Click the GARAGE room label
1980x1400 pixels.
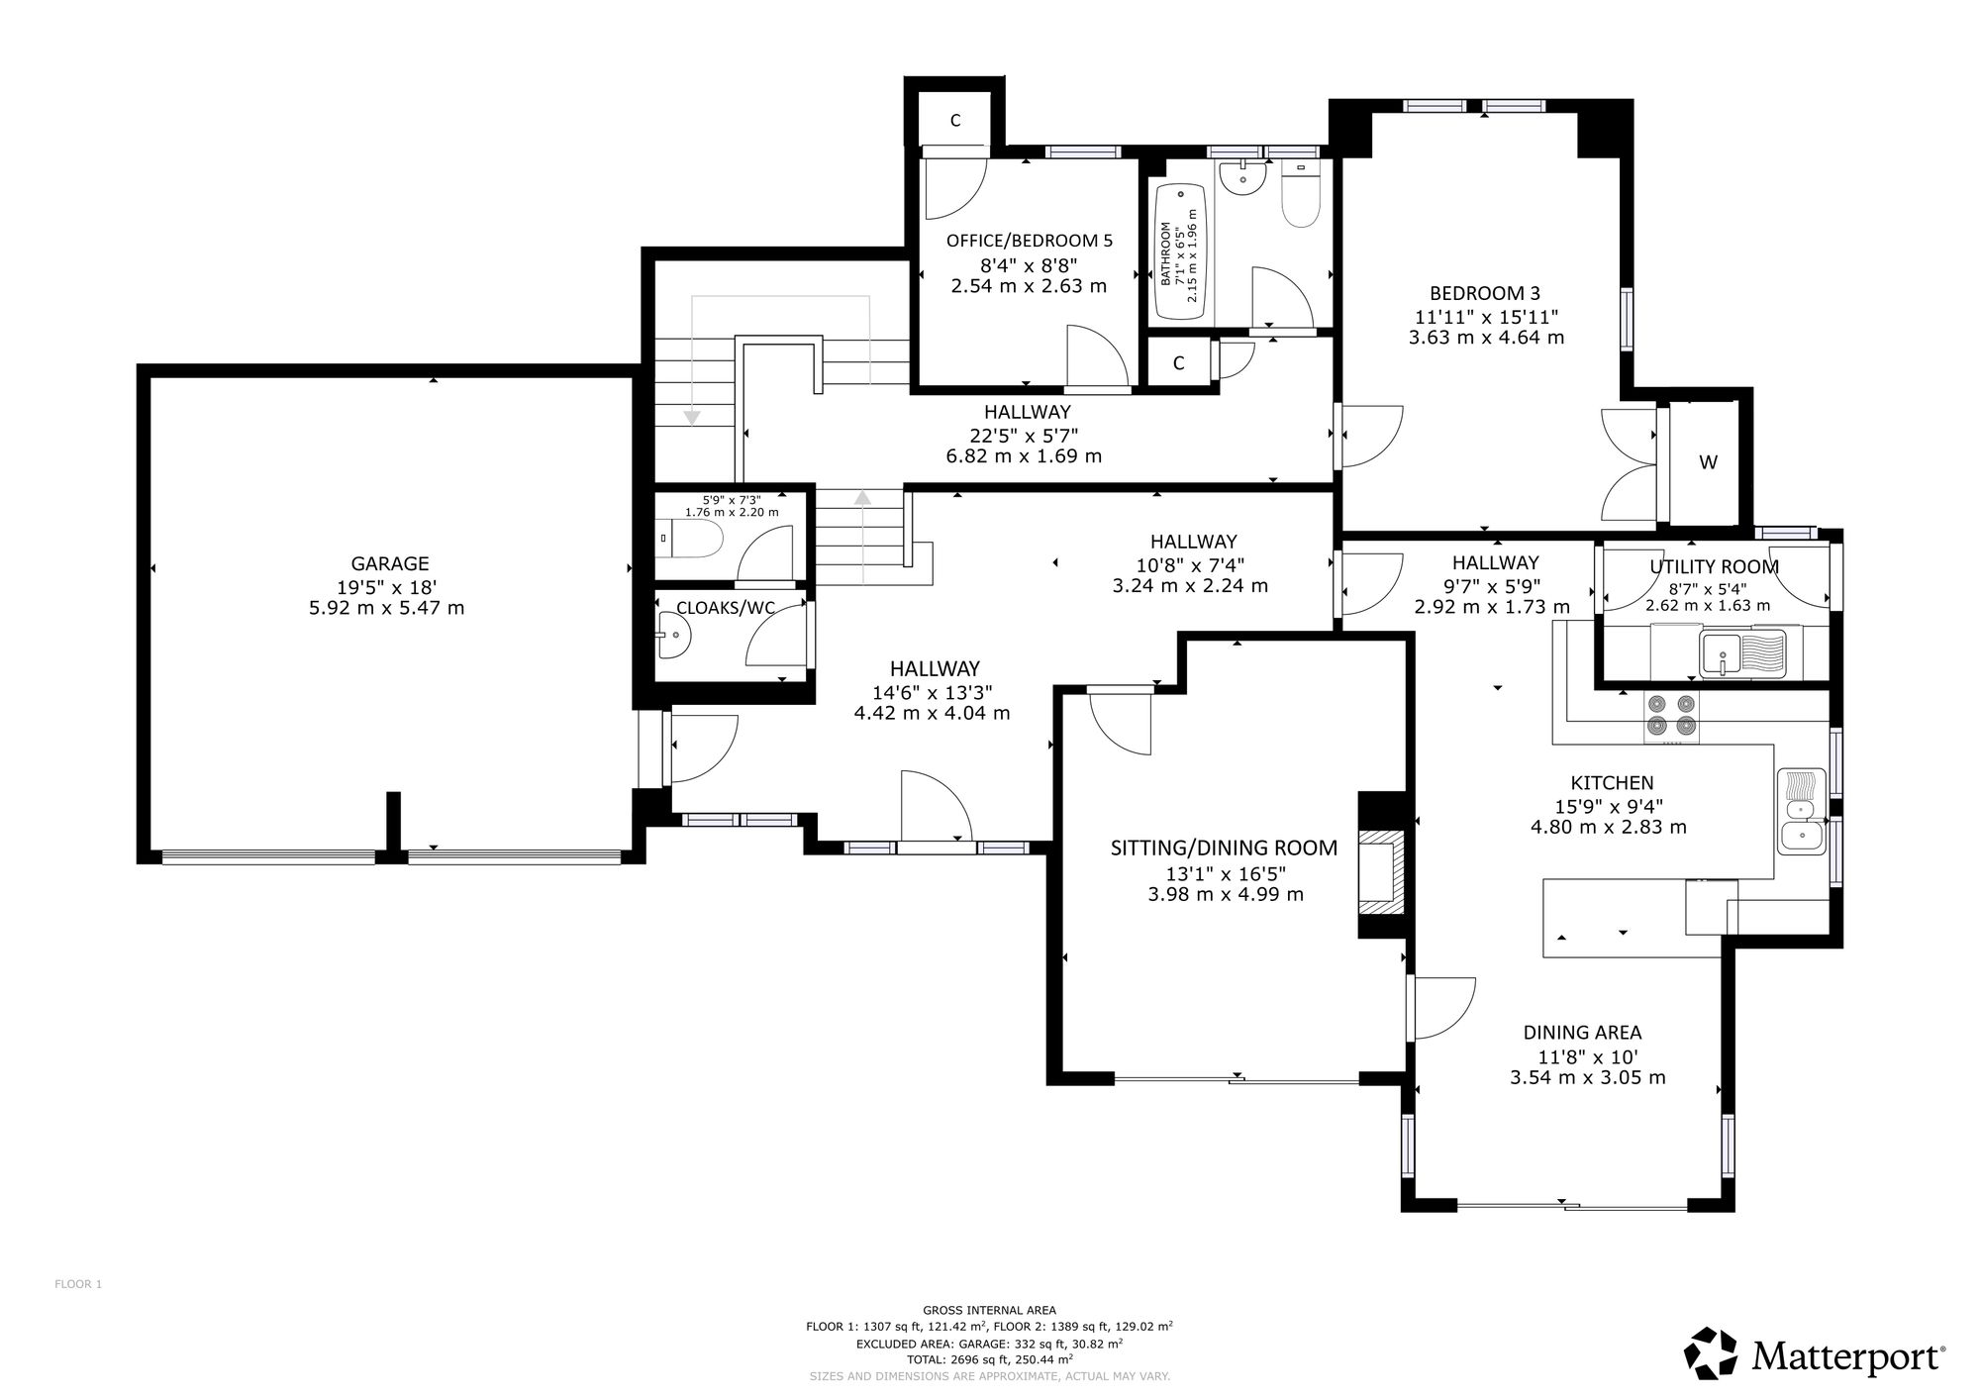pos(390,563)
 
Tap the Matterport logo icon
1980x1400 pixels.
pos(1711,1352)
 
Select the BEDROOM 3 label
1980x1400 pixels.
pos(1485,293)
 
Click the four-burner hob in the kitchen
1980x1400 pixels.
pos(1671,717)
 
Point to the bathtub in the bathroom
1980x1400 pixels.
pos(1178,251)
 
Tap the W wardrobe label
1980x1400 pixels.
pos(1708,462)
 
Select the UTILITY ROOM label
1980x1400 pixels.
pos(1714,567)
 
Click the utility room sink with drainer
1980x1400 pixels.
pos(1743,653)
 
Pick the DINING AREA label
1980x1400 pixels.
pos(1582,1033)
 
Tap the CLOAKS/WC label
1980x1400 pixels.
pos(726,608)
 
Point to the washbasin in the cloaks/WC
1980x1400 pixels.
pos(672,635)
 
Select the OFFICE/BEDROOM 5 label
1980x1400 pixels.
pos(1030,241)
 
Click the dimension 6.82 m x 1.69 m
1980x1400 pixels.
pos(1024,456)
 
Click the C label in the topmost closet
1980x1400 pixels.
pos(955,121)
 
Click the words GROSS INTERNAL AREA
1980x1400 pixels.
pos(989,1310)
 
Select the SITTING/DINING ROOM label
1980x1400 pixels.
pos(1224,849)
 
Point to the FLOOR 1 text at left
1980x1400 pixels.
pos(78,1284)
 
